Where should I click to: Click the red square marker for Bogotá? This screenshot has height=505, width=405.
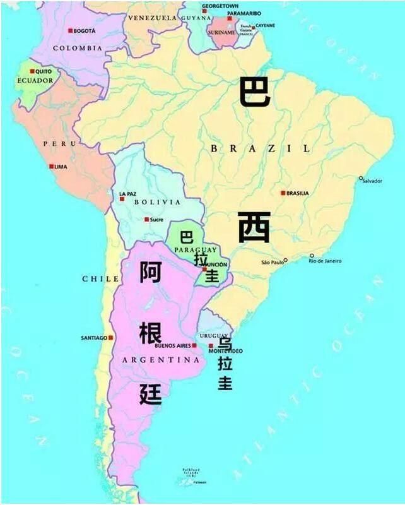[70, 31]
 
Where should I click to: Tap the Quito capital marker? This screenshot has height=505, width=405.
[33, 71]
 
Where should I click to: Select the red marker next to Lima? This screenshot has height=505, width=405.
[52, 167]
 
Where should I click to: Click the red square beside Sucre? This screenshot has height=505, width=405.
[146, 220]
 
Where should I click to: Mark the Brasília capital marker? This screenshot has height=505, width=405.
[283, 193]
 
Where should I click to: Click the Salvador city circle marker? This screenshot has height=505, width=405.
[361, 178]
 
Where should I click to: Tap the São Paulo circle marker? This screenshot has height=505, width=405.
[285, 259]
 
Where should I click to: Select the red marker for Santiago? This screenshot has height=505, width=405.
[111, 338]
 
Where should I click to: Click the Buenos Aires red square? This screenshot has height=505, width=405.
[194, 346]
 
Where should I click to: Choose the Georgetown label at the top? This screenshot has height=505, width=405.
[220, 6]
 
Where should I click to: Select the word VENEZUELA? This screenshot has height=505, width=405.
[152, 18]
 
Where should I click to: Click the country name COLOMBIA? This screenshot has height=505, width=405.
[78, 48]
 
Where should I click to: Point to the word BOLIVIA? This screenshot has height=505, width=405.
[157, 203]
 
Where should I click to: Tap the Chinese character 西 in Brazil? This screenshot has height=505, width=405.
[254, 227]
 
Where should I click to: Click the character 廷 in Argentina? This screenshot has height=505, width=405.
[151, 394]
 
